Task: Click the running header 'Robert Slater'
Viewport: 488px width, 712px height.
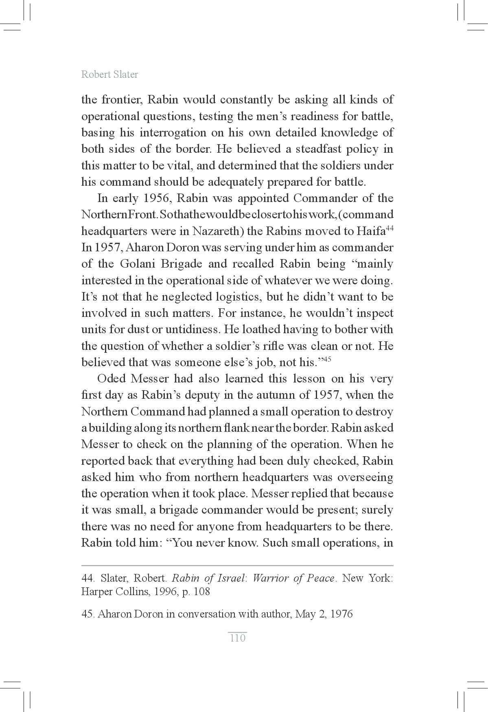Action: click(109, 75)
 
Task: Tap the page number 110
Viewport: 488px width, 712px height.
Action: click(238, 638)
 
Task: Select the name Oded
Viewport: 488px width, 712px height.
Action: click(112, 379)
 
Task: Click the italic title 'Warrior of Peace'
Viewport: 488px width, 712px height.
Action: click(293, 578)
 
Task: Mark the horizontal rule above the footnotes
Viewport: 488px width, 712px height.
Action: click(237, 566)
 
